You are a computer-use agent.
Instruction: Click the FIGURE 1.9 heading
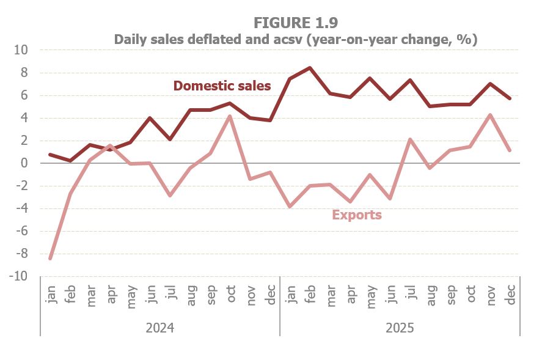click(295, 22)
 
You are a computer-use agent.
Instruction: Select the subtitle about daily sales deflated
click(295, 39)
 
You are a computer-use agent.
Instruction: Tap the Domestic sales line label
click(222, 86)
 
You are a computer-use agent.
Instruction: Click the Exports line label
click(357, 215)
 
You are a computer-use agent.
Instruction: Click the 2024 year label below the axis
click(160, 328)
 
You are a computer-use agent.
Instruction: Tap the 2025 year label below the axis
click(400, 328)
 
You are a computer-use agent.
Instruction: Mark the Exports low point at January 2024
click(50, 259)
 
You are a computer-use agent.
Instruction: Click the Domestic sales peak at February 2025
click(310, 68)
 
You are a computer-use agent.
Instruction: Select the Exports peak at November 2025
click(490, 115)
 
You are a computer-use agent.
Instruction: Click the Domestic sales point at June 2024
click(150, 118)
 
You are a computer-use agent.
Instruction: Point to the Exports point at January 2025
click(290, 207)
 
